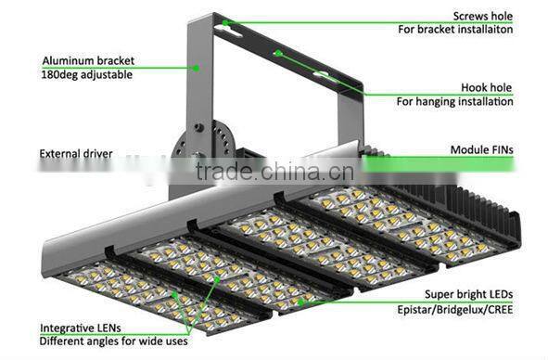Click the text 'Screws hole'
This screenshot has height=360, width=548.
(x=482, y=16)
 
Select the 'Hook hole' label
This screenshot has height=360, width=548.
(x=488, y=86)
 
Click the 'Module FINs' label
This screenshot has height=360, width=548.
(x=482, y=149)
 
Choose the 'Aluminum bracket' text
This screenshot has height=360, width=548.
(x=84, y=60)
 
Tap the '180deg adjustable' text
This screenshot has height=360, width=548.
(x=87, y=74)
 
